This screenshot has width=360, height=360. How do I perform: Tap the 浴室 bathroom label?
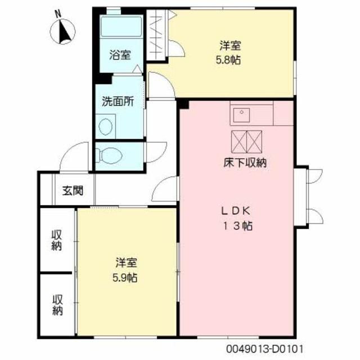[x=120, y=55]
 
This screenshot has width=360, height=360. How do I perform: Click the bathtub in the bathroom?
[x=121, y=29]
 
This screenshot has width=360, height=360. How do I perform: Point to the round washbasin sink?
[x=106, y=126]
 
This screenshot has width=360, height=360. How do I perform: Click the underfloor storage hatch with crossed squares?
[x=247, y=141]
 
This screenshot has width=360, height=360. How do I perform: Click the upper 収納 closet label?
[x=57, y=240]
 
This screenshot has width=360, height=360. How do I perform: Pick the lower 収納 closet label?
[x=57, y=304]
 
